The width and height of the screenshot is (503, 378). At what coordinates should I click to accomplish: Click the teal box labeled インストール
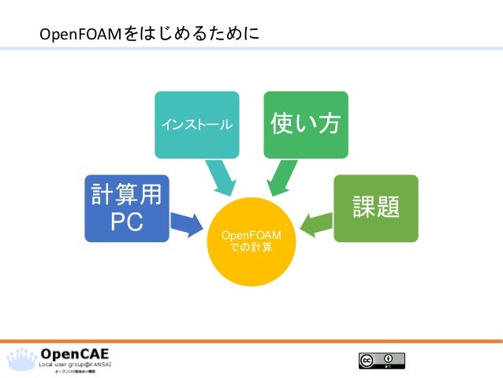(x=197, y=124)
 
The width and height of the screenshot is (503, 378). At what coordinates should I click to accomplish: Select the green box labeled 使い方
(x=305, y=124)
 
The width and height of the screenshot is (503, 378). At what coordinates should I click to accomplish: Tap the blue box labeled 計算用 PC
(x=127, y=208)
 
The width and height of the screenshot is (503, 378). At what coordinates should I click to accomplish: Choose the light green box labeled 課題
(x=376, y=208)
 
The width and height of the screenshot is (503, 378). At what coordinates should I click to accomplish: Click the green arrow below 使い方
(x=280, y=177)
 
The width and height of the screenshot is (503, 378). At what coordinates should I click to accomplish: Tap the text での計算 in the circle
(x=252, y=248)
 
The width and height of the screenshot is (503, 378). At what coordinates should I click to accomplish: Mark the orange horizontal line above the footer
(x=251, y=341)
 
